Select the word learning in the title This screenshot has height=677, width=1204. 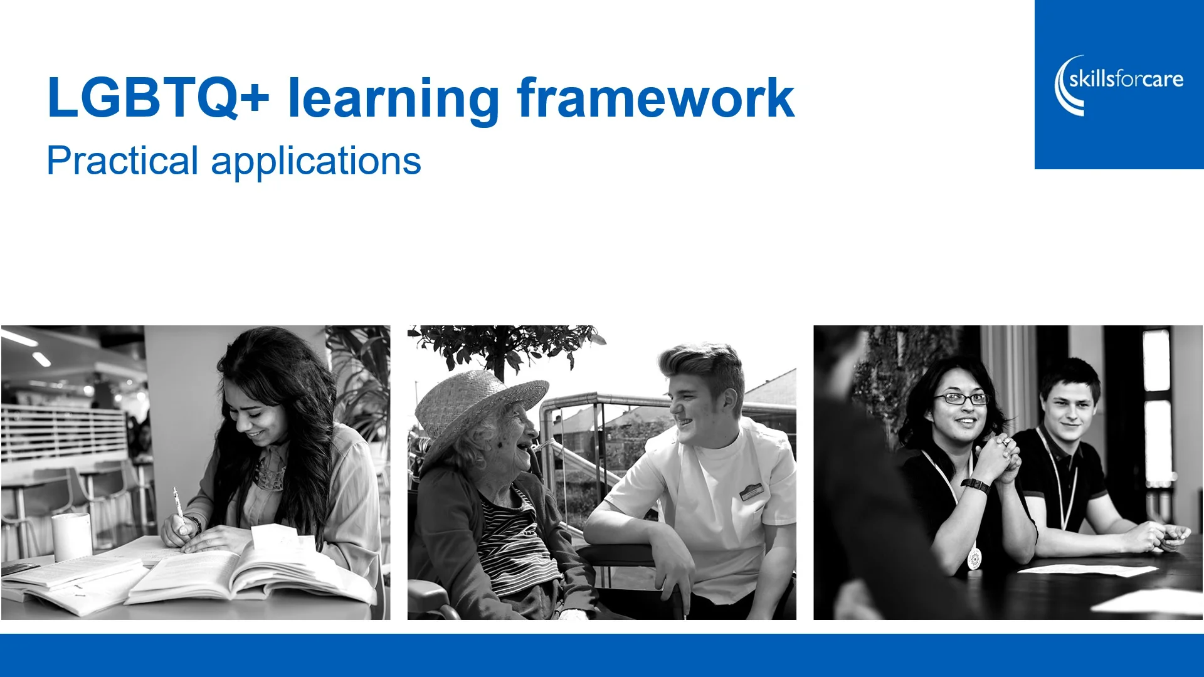[x=393, y=99]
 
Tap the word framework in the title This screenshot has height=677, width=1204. [x=655, y=98]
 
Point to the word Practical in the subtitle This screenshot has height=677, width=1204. [x=122, y=161]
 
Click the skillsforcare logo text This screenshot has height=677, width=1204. [x=1126, y=80]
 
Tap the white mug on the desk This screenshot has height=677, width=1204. [x=71, y=537]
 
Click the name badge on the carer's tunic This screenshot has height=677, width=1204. [x=751, y=491]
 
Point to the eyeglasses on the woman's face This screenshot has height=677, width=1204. [x=961, y=399]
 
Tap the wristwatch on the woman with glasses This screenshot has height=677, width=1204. [x=975, y=485]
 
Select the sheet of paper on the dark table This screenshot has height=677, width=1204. [x=1088, y=570]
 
